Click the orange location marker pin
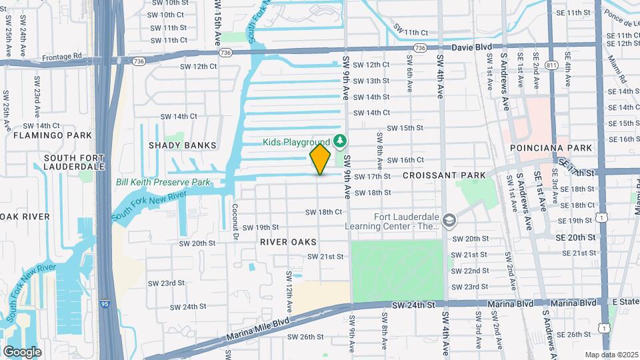(320, 159)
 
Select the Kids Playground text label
(297, 142)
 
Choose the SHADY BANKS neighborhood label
(182, 145)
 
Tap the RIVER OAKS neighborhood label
(288, 242)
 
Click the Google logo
(22, 351)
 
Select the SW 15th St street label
(405, 128)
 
